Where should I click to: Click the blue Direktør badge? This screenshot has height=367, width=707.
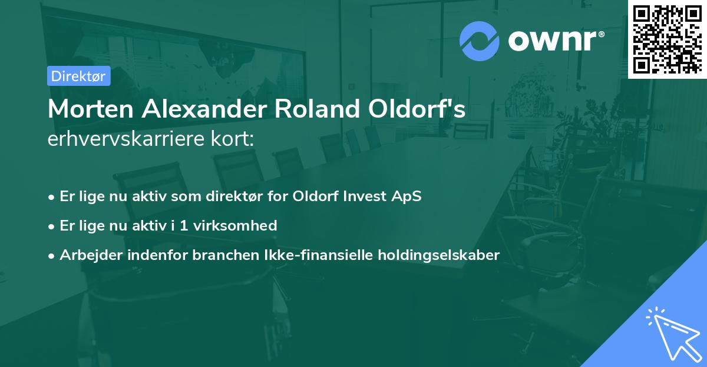point(78,76)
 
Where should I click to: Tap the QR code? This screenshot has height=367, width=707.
point(667,39)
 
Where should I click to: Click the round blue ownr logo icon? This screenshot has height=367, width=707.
point(480,41)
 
